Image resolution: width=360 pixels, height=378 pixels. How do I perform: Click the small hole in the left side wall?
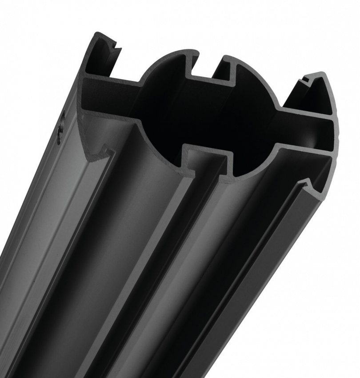[x=61, y=129]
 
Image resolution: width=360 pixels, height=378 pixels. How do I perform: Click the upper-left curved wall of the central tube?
[x=153, y=67]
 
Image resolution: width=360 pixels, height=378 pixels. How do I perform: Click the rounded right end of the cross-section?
[x=336, y=129]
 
